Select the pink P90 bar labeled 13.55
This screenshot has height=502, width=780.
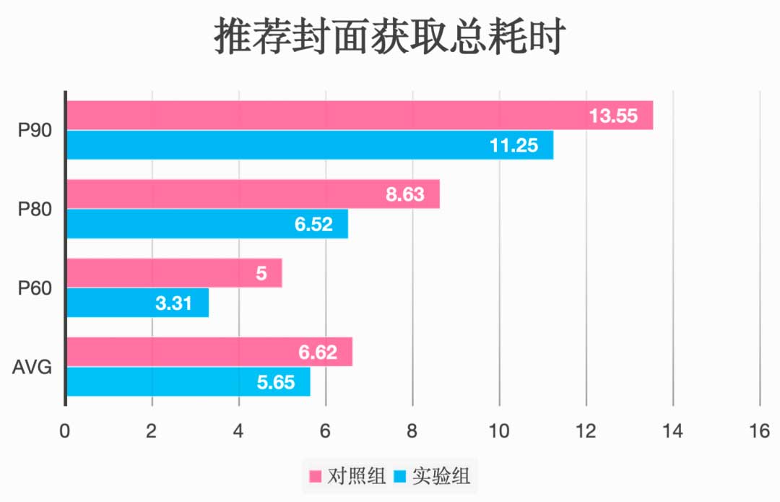(325, 116)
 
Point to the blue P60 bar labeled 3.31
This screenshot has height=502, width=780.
(108, 303)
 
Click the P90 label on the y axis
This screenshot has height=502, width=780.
(33, 131)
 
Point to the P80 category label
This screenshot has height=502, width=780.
(33, 209)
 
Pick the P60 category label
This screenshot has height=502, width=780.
(33, 288)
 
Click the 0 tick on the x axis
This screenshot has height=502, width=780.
(65, 431)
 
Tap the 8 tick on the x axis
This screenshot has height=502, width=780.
(412, 431)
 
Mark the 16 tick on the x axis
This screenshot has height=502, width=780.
(759, 431)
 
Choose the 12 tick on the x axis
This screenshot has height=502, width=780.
(586, 431)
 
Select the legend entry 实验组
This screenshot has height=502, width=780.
(433, 476)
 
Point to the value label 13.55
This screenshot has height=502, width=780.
(613, 116)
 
